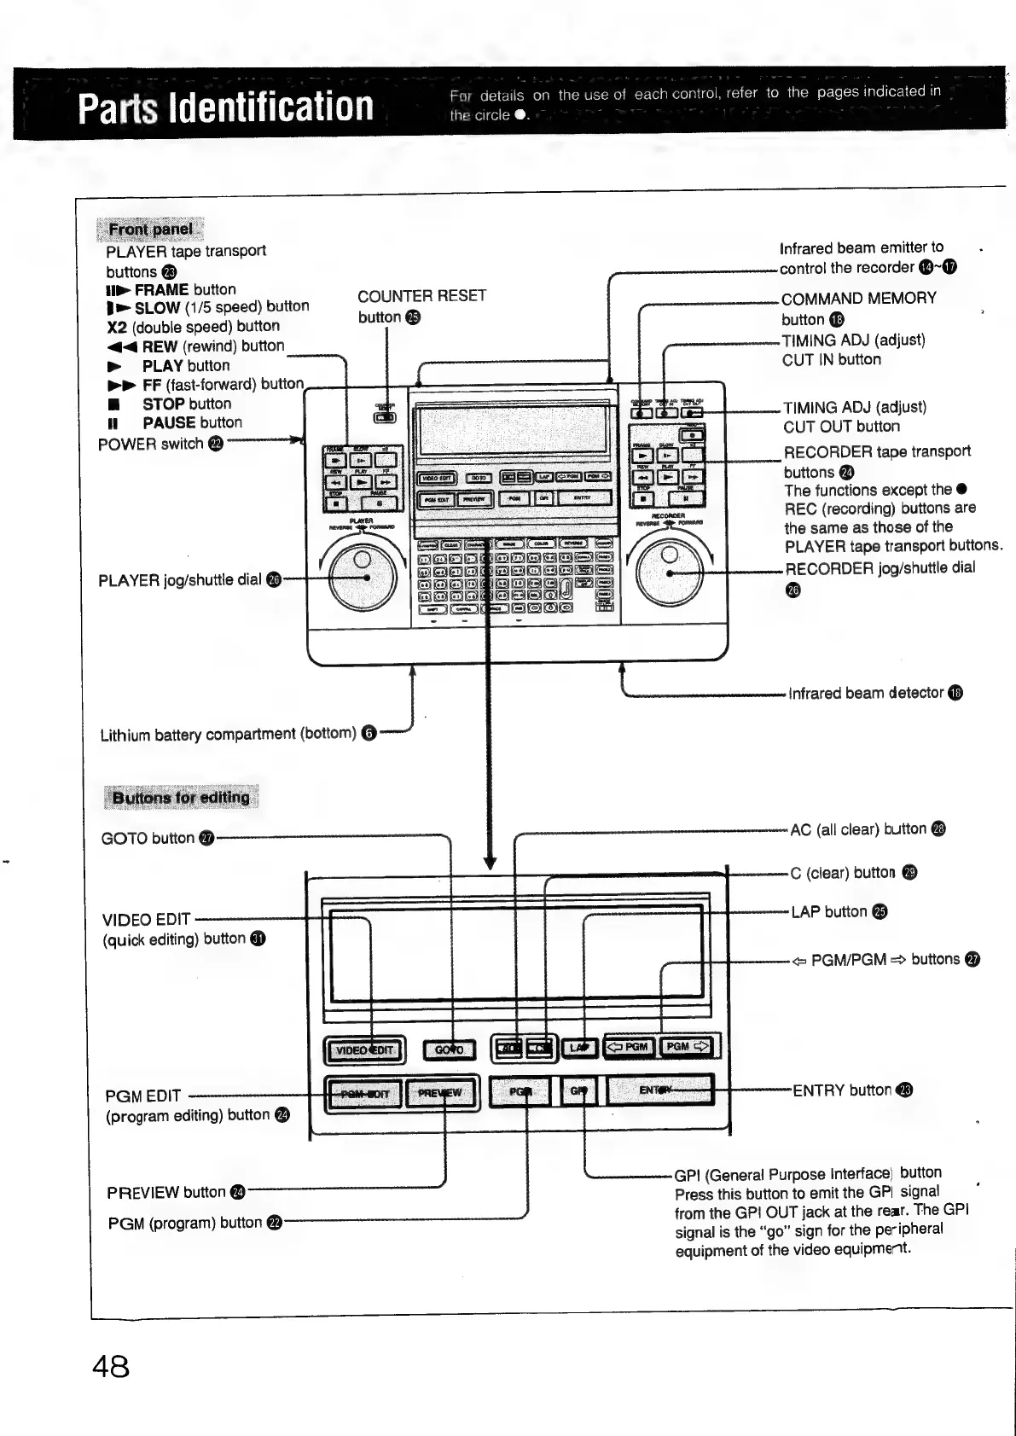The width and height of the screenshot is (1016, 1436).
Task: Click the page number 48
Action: [111, 1367]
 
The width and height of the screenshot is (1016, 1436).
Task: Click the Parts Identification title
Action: [226, 107]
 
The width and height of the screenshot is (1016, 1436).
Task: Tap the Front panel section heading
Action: [151, 229]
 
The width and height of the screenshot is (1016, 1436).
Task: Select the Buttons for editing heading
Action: [181, 798]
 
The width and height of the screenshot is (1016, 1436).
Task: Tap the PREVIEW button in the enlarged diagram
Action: [440, 1093]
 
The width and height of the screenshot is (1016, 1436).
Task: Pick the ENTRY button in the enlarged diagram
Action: [659, 1090]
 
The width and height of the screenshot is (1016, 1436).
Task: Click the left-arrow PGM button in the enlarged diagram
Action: [630, 1046]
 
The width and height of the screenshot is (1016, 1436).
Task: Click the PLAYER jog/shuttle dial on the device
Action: [362, 578]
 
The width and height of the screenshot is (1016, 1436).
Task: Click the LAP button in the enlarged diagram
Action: [580, 1047]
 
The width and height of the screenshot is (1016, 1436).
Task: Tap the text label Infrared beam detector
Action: [867, 693]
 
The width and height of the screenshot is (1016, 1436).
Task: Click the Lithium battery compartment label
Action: [228, 734]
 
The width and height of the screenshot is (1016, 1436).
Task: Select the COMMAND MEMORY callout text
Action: [858, 299]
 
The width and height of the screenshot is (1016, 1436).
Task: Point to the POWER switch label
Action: [152, 444]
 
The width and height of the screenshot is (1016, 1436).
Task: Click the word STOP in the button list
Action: [163, 404]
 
